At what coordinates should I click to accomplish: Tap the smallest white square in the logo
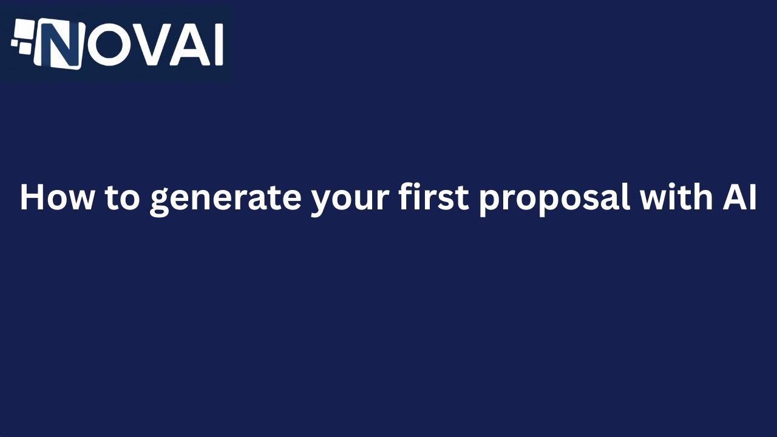click(x=14, y=43)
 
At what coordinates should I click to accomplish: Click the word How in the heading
click(x=57, y=197)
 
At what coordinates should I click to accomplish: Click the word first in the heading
click(x=434, y=197)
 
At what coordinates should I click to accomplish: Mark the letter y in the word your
click(x=322, y=202)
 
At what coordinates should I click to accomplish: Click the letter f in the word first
click(x=405, y=197)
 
